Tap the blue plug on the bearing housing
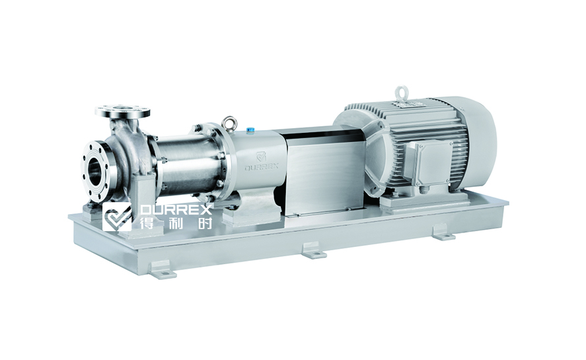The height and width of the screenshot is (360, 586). coord(250,129)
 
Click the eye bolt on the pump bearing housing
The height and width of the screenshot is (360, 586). coord(227,124)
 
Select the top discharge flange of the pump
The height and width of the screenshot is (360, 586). coord(123,111)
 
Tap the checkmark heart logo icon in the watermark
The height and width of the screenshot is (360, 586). coord(117,217)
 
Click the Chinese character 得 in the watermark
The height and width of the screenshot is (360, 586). coord(146,223)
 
